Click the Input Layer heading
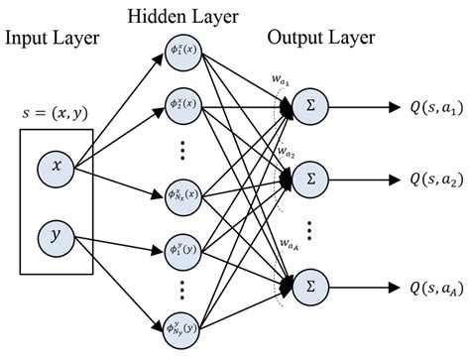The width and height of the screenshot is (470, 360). click(x=52, y=39)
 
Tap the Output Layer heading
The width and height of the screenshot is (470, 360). click(x=316, y=39)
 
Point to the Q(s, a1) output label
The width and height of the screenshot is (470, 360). click(x=423, y=111)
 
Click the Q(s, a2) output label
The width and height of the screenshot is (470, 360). click(x=423, y=179)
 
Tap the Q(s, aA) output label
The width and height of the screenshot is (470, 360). click(x=423, y=286)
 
